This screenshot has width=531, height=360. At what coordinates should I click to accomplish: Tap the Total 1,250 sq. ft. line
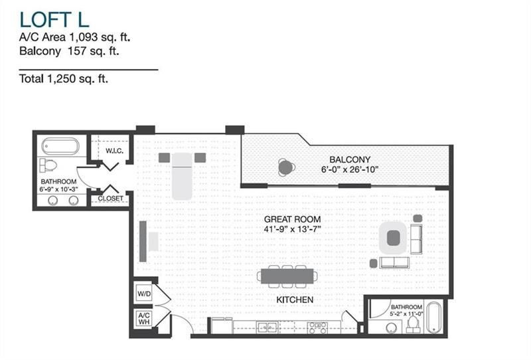pyautogui.click(x=64, y=79)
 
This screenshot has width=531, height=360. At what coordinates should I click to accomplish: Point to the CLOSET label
pyautogui.click(x=110, y=198)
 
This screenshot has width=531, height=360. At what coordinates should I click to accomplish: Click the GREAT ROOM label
pyautogui.click(x=292, y=219)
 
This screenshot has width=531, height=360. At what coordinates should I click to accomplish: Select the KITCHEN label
pyautogui.click(x=295, y=300)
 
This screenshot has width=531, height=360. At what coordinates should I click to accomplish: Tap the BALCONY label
pyautogui.click(x=350, y=159)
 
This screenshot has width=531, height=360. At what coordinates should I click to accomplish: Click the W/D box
pyautogui.click(x=144, y=294)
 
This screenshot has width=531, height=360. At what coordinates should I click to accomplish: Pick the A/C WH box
pyautogui.click(x=144, y=317)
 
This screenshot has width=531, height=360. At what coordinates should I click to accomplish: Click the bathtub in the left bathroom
pyautogui.click(x=60, y=146)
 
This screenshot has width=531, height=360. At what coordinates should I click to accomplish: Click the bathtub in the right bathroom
pyautogui.click(x=434, y=317)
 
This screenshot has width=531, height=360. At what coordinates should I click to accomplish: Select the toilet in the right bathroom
pyautogui.click(x=413, y=323)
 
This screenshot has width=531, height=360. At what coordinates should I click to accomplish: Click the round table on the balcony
pyautogui.click(x=285, y=167)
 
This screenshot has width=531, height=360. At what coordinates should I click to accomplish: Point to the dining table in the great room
pyautogui.click(x=289, y=276)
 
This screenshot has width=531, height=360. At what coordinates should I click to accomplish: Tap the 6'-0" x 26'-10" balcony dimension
pyautogui.click(x=350, y=170)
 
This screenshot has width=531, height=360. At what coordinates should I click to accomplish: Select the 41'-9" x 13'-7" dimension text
pyautogui.click(x=292, y=229)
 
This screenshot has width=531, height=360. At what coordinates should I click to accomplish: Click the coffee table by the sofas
pyautogui.click(x=393, y=237)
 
